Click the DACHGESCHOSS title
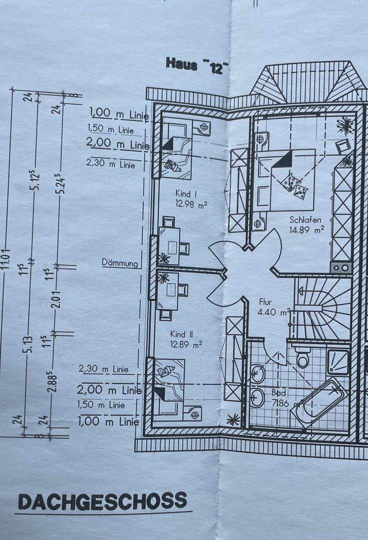pos(102,500)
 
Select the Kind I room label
pos(185,193)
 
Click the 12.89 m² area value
pos(186,344)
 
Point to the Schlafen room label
pos(304,220)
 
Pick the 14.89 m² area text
pos(306,230)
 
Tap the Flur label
pos(265,302)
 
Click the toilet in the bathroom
pos(302,358)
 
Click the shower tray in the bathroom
pos(338,361)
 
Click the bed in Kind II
pos(170,387)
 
